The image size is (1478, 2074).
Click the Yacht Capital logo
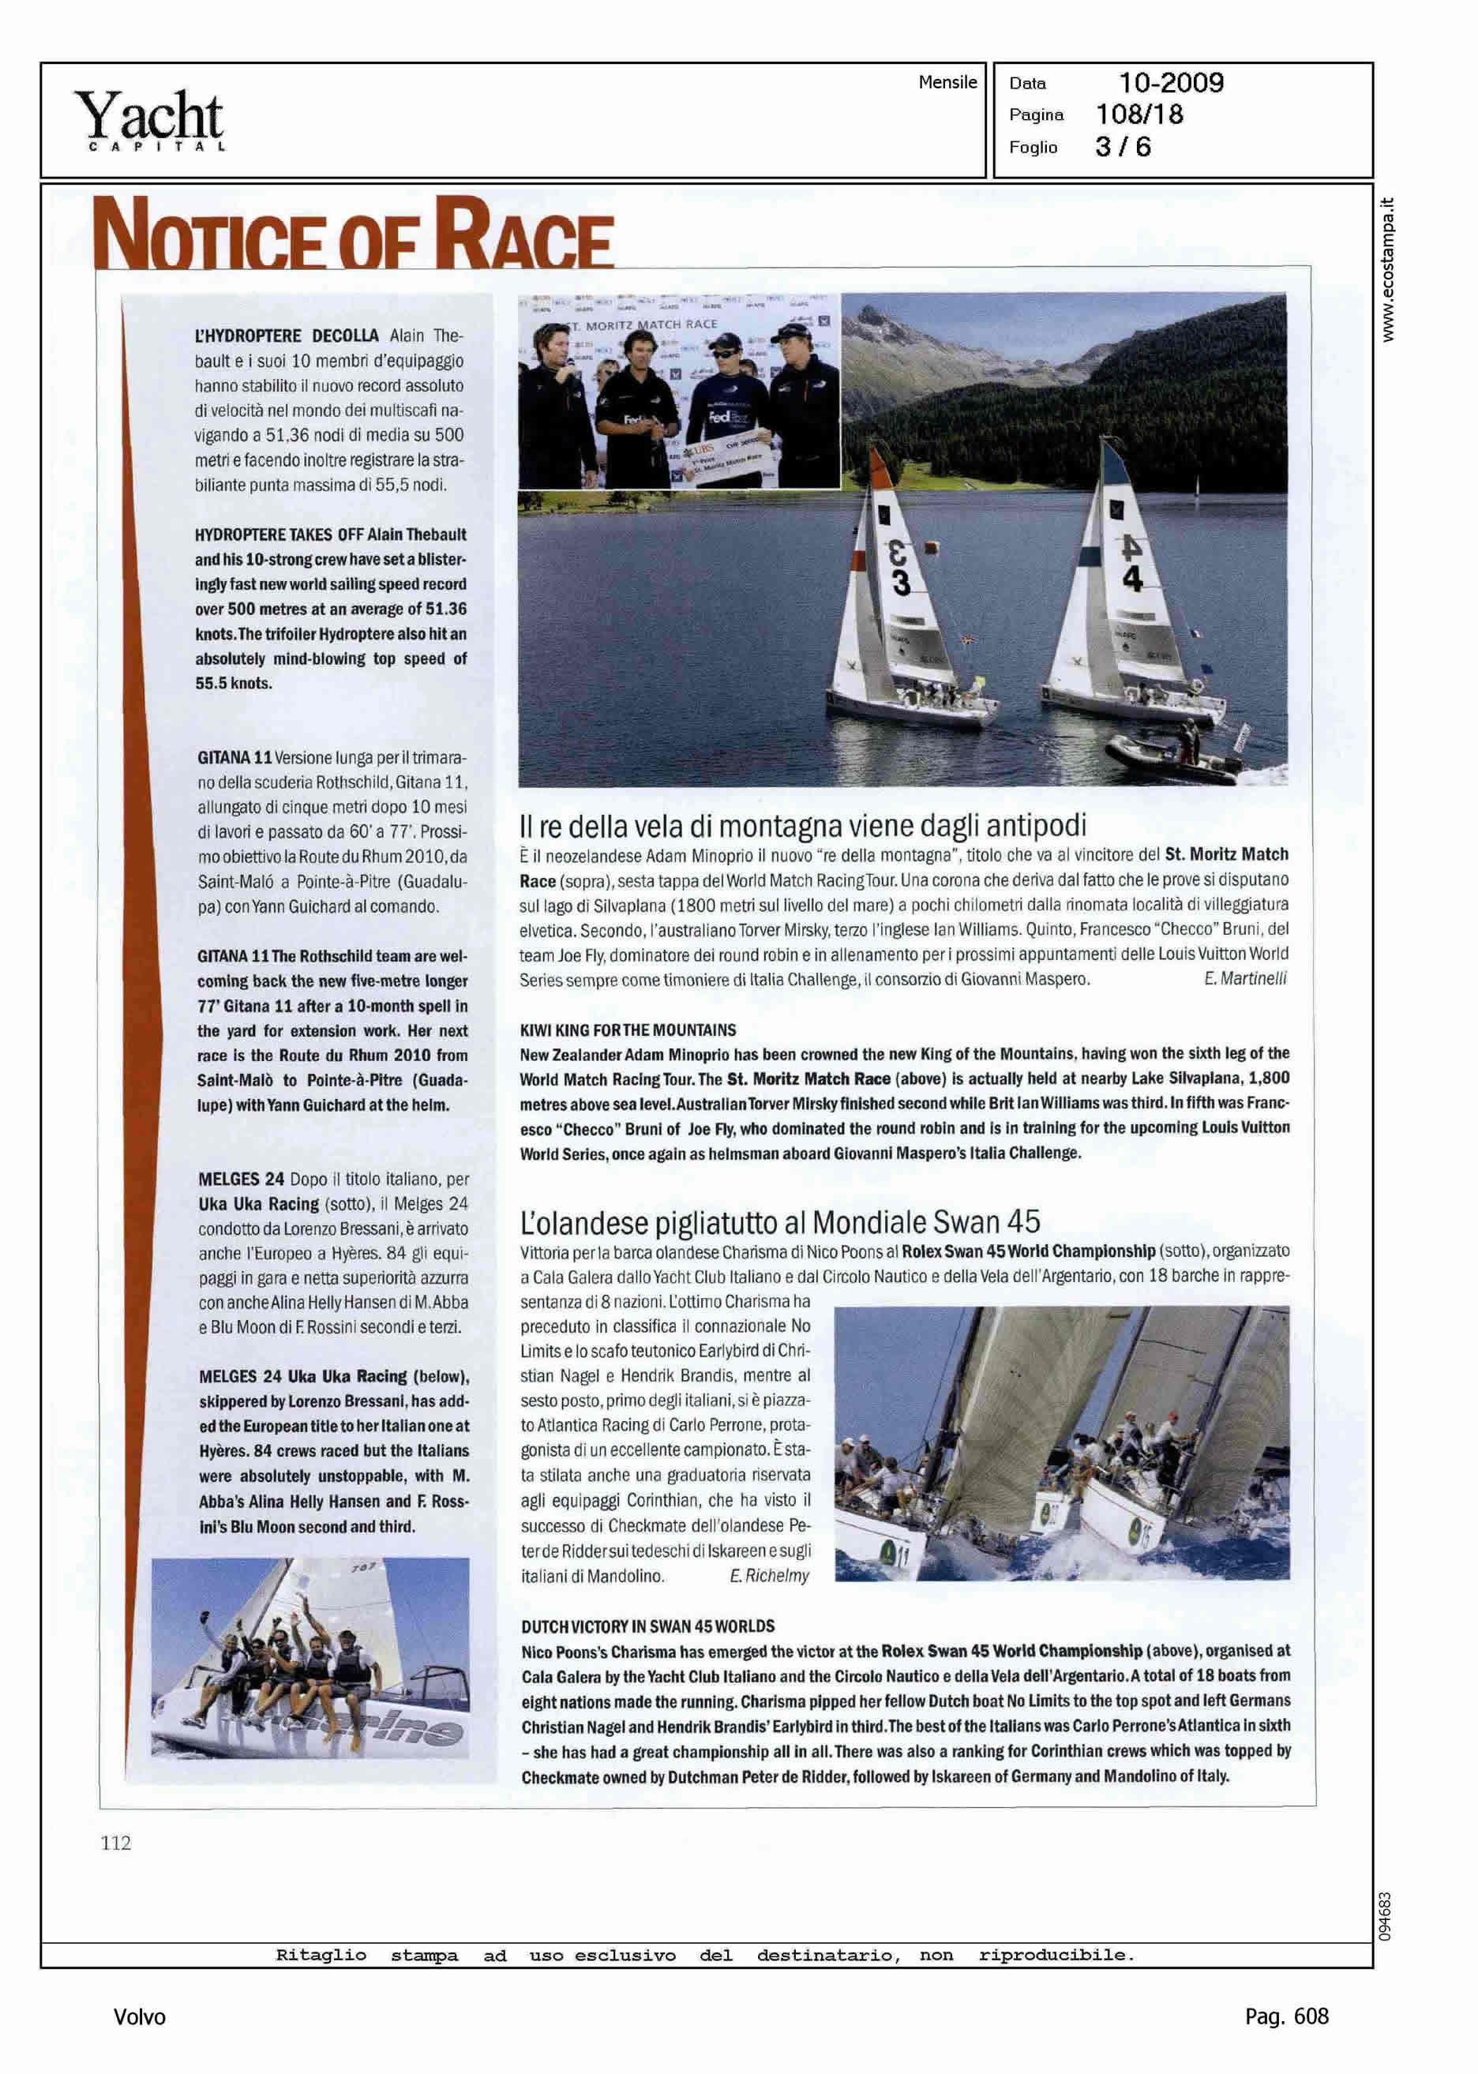pyautogui.click(x=149, y=120)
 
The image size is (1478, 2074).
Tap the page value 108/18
pyautogui.click(x=1139, y=114)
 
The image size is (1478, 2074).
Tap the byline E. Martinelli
pyautogui.click(x=1244, y=979)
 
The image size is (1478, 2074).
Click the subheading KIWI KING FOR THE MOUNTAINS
pyautogui.click(x=627, y=1030)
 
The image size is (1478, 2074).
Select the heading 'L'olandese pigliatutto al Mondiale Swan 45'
pyautogui.click(x=779, y=1221)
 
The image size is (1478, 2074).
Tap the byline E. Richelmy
pyautogui.click(x=768, y=1575)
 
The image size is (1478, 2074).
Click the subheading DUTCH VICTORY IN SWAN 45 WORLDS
pyautogui.click(x=647, y=1626)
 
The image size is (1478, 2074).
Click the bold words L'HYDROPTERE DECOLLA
pyautogui.click(x=287, y=336)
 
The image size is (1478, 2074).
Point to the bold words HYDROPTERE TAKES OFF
pyautogui.click(x=279, y=534)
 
